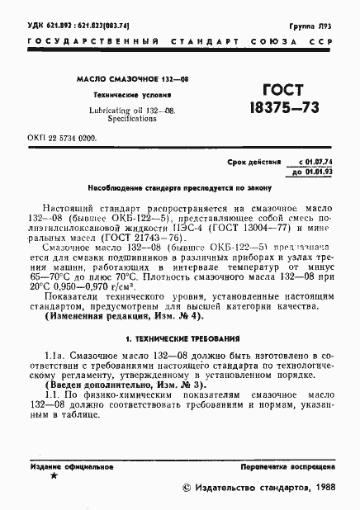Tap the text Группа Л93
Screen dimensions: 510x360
tap(317, 26)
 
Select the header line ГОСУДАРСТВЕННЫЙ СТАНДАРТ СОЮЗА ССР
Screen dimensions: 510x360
tap(179, 40)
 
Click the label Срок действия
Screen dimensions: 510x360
tap(251, 164)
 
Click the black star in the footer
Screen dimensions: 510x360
tap(54, 477)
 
